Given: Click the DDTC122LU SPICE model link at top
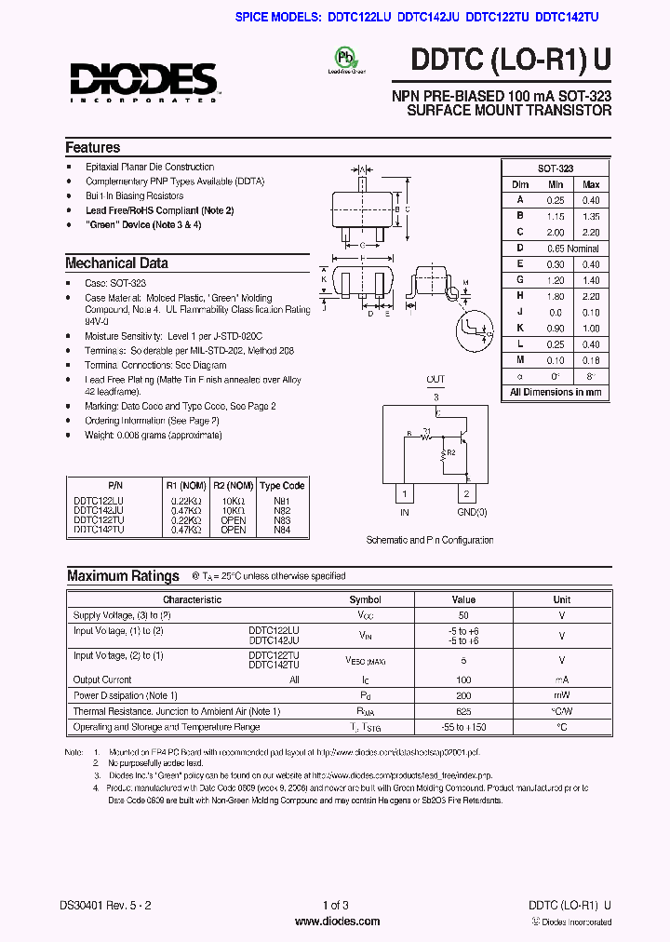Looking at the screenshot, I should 359,17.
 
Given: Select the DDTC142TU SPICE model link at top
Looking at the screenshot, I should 567,17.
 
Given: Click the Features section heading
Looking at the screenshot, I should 92,147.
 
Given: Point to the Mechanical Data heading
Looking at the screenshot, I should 116,262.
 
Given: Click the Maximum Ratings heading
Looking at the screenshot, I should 123,576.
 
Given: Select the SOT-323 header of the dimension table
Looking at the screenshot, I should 556,168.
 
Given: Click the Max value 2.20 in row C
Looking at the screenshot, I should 591,232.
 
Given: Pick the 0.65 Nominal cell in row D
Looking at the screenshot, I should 572,249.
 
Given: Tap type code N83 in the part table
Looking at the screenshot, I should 282,520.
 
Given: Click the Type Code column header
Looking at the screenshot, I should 282,486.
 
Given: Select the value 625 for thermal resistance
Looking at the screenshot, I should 463,712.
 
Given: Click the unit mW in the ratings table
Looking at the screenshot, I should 561,695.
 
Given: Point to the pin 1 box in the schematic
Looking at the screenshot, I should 405,493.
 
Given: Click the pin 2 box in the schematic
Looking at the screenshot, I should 466,493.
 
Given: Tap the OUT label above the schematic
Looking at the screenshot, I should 435,379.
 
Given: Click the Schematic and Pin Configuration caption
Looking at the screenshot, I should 430,540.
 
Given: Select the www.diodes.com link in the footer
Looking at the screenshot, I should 336,922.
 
